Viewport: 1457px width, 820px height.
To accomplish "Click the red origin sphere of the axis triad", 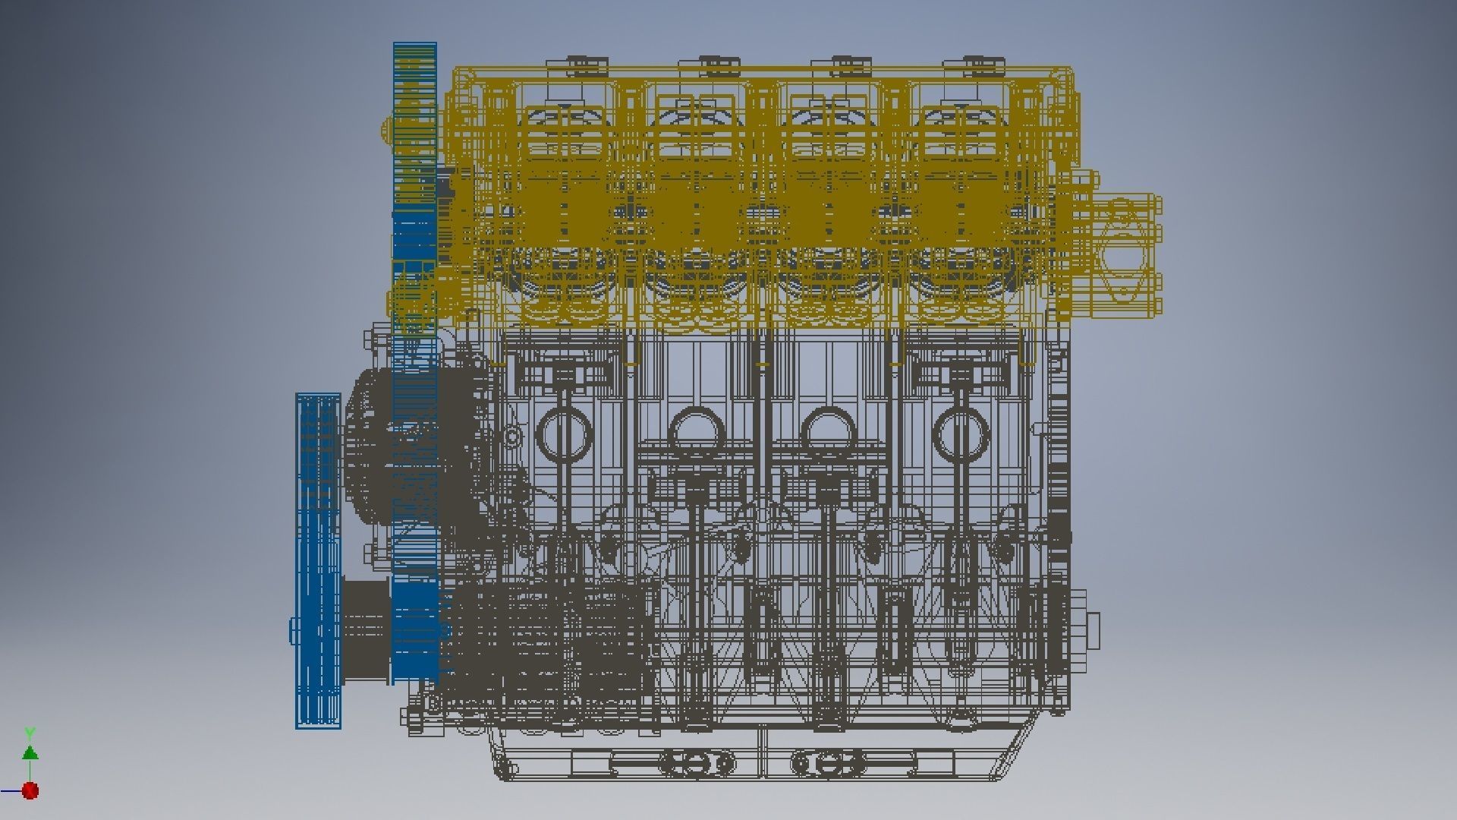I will [30, 791].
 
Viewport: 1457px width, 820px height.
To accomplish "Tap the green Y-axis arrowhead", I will [30, 752].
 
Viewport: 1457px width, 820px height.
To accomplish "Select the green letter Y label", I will [30, 733].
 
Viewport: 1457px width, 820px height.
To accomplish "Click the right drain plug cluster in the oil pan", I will [829, 762].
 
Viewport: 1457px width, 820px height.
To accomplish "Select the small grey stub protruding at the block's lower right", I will [1093, 631].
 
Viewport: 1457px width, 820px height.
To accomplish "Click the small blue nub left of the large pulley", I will [293, 630].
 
